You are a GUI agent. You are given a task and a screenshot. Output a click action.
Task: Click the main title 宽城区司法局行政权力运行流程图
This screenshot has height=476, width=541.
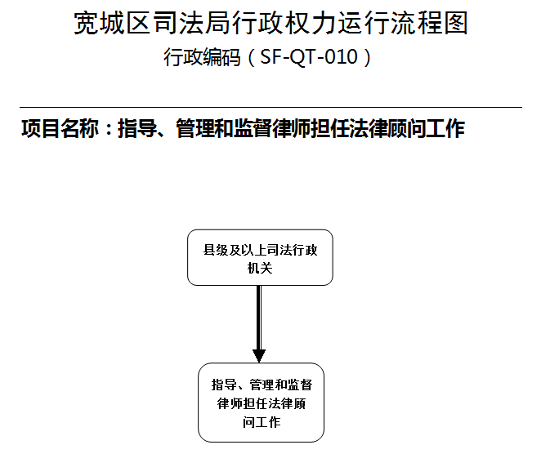coord(270,23)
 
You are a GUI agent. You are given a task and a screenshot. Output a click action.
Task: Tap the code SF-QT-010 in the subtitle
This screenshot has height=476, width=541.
coord(309,56)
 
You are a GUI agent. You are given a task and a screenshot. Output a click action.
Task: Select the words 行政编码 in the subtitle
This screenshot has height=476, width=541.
coord(202,57)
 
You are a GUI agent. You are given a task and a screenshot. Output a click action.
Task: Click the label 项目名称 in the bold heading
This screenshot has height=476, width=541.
coord(60,128)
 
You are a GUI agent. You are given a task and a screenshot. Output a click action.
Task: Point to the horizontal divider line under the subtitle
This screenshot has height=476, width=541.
coord(270,108)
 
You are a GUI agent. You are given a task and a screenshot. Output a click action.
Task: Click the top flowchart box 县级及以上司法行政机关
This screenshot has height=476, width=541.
coord(260,257)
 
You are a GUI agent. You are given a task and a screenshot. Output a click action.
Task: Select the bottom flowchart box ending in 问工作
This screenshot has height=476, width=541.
coord(262,403)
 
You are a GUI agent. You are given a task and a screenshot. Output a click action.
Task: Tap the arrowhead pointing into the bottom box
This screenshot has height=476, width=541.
coord(259,356)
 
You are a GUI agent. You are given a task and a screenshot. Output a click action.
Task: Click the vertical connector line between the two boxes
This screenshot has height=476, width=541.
coord(259,318)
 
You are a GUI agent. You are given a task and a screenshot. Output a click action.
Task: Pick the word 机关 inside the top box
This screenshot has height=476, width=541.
coord(260,268)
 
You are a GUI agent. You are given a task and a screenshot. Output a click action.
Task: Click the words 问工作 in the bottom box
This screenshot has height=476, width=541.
coord(262,422)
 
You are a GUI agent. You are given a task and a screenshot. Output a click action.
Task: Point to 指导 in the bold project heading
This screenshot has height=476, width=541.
coord(137,128)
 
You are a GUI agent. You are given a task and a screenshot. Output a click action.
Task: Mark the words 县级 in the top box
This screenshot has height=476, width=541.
coord(216,250)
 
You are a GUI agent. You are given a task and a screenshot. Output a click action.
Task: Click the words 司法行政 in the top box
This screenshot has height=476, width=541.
coord(292,250)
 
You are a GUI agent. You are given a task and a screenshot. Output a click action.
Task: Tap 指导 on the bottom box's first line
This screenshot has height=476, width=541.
coord(224,385)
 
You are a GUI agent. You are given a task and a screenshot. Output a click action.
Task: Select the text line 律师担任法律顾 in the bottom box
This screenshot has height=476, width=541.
coord(262,403)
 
